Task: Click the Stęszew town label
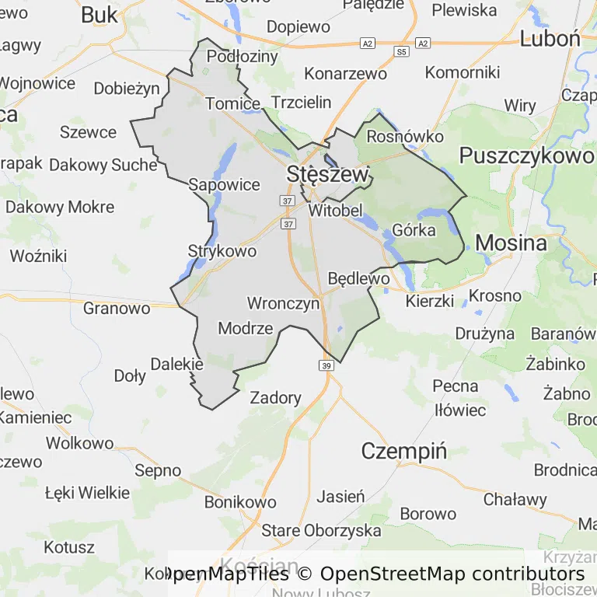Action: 327,174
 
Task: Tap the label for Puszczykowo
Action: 526,155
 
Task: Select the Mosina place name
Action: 511,243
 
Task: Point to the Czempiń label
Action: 404,451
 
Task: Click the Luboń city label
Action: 550,39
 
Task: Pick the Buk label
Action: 99,14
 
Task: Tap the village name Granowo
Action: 117,308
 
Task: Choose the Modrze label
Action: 246,328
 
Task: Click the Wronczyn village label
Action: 283,303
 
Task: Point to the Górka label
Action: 414,230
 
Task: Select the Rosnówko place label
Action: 404,137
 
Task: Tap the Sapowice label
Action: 225,184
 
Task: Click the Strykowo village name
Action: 222,251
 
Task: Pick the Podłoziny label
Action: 242,57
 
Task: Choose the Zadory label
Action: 275,398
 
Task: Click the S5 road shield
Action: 401,52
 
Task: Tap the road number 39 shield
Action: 326,365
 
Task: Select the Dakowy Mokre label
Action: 60,207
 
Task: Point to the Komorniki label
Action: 463,72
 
